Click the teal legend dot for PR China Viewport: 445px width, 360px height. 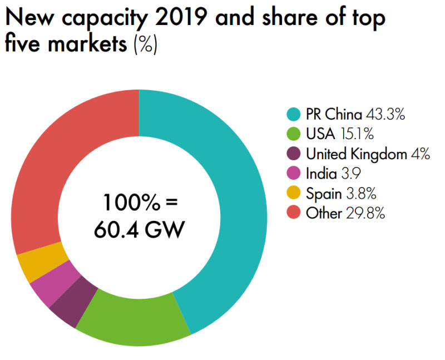(x=295, y=116)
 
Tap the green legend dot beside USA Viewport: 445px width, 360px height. (x=295, y=135)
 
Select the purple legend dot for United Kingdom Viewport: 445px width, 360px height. (x=295, y=155)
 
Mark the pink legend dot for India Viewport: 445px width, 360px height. (x=295, y=174)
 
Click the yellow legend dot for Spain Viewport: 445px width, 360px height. (x=295, y=194)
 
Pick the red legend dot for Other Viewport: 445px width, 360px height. (x=295, y=213)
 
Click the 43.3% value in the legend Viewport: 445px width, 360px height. (x=385, y=116)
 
